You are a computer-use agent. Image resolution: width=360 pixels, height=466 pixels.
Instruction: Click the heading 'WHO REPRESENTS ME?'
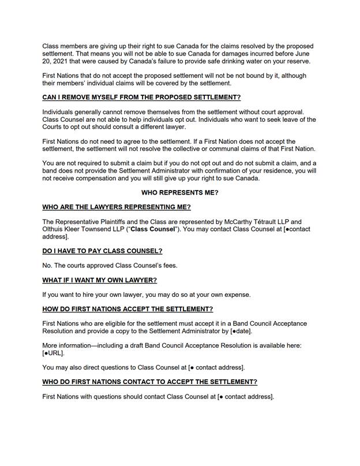pyautogui.click(x=179, y=192)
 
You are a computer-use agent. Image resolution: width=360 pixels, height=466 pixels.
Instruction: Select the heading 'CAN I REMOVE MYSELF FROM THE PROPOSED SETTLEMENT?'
pyautogui.click(x=141, y=97)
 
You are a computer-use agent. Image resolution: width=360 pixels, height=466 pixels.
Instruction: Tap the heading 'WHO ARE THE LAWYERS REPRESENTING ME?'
pyautogui.click(x=117, y=207)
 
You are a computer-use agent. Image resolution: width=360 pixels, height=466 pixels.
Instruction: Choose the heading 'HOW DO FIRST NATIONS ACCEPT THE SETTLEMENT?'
pyautogui.click(x=127, y=309)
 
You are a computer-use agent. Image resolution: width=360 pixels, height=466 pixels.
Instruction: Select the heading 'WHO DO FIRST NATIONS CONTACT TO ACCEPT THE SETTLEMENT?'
pyautogui.click(x=149, y=382)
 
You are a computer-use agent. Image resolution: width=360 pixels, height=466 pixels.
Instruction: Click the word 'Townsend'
pyautogui.click(x=105, y=229)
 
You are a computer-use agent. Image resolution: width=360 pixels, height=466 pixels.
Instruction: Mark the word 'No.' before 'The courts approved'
pyautogui.click(x=48, y=266)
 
